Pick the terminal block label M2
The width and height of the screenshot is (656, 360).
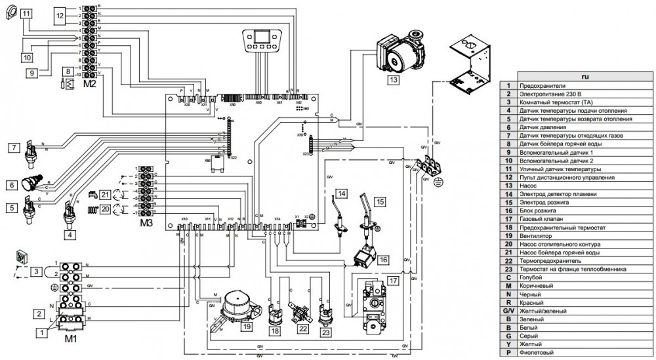pos(89,84)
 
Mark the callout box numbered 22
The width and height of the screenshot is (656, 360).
pos(302,328)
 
